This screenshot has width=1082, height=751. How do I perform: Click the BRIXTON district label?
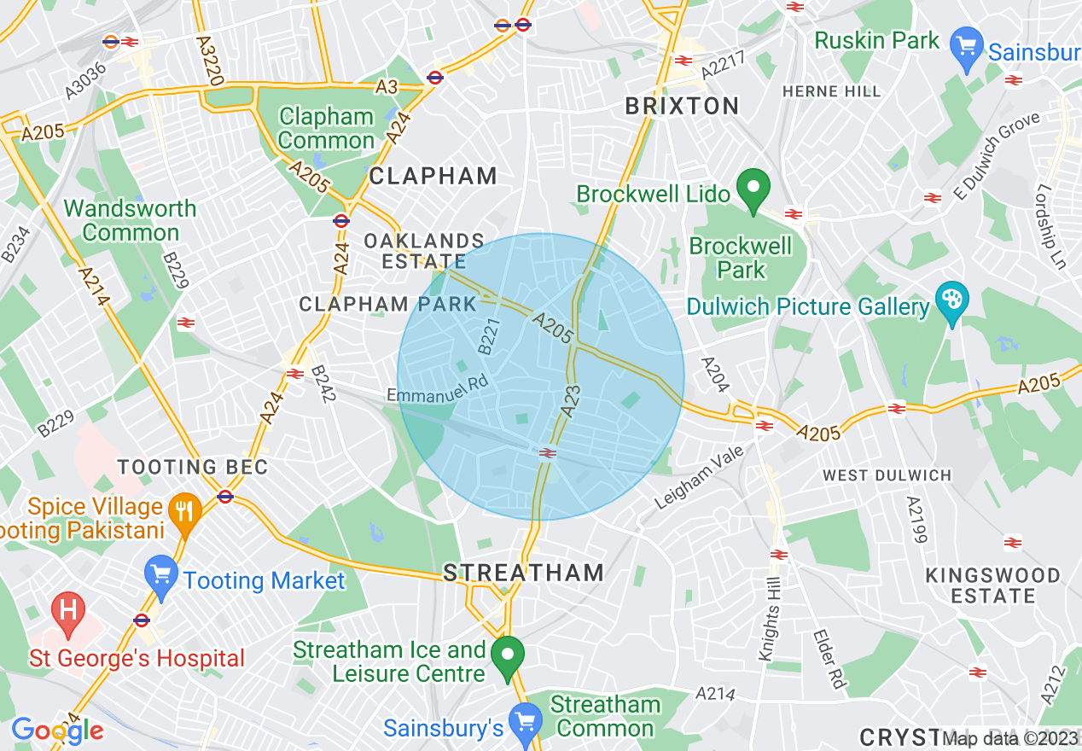682,106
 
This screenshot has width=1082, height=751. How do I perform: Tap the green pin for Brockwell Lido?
753,191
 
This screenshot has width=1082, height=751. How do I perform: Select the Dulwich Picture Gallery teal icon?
951,301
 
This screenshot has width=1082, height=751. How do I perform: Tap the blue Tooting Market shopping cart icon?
160,576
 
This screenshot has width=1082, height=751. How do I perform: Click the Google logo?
57,731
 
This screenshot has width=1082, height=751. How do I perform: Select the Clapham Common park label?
327,129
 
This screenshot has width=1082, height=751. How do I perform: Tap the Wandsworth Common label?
131,220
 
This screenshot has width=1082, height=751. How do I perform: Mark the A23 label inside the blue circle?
571,401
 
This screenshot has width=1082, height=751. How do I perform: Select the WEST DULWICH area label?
886,474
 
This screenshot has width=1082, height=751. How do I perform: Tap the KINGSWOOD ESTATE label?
992,585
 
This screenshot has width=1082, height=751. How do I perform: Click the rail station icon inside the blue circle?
548,453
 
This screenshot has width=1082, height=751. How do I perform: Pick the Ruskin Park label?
876,40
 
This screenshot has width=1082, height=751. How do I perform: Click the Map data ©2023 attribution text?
1011,739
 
